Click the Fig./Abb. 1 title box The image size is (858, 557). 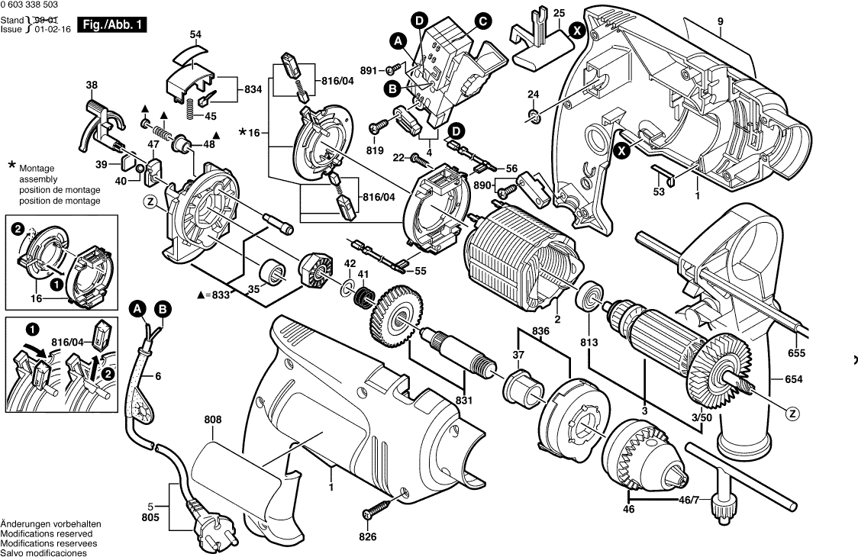coord(113,25)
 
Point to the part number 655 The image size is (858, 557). coord(796,353)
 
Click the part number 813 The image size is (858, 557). coord(589,342)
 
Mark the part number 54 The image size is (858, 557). coord(196,34)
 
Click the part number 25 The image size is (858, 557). coord(559,14)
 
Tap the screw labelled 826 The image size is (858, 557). coord(377,507)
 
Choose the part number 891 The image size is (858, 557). coord(369,70)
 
